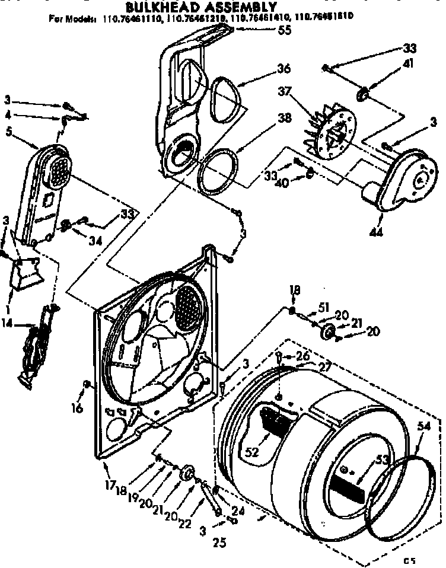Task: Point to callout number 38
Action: coord(284,117)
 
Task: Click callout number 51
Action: coord(323,307)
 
